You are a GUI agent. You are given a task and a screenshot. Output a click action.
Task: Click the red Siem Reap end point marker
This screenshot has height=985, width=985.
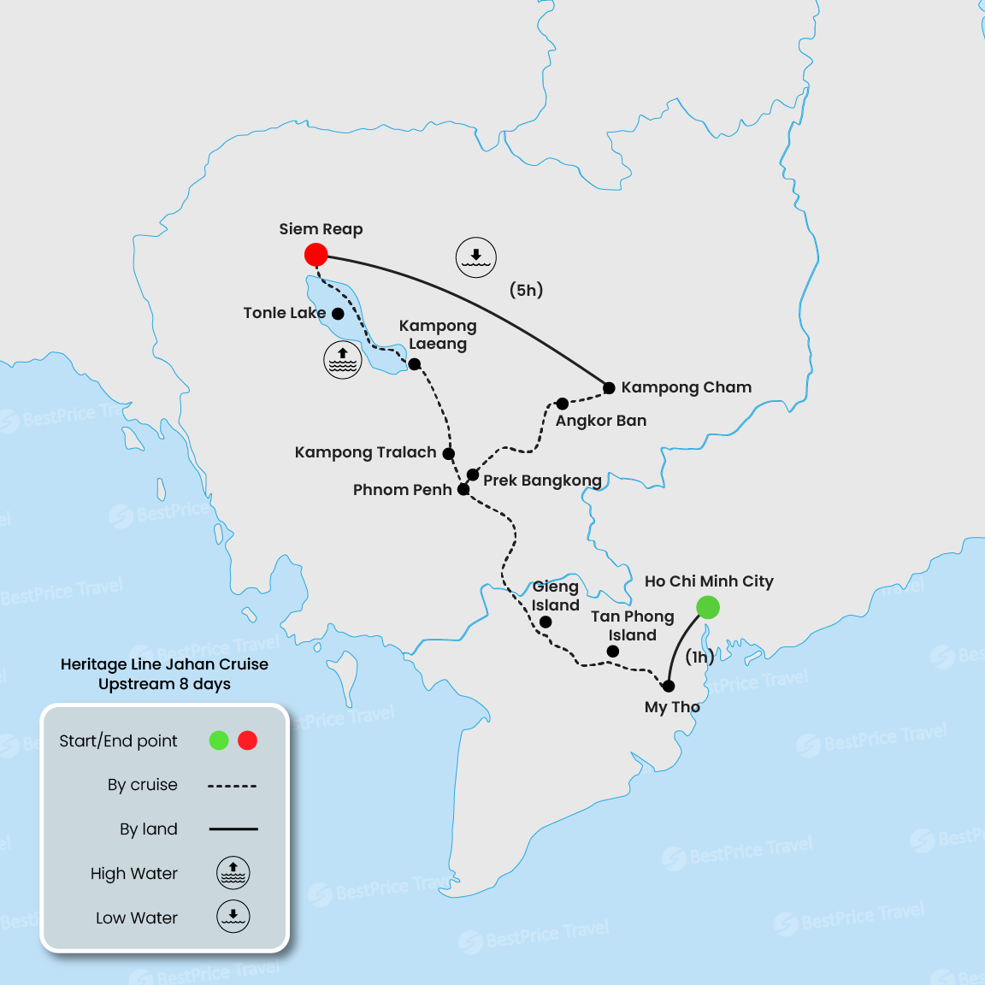[316, 255]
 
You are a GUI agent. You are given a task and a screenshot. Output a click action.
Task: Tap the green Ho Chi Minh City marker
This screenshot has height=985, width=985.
[708, 608]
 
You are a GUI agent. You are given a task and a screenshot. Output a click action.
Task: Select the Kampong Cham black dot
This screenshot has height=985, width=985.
[610, 388]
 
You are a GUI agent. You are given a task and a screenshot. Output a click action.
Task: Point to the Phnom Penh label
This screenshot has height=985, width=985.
[402, 490]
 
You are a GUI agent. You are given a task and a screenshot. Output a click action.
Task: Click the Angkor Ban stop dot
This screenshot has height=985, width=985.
[562, 404]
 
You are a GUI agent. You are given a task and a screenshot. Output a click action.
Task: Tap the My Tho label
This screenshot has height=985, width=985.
[672, 707]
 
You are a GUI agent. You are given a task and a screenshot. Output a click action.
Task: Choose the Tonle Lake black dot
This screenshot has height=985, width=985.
[338, 314]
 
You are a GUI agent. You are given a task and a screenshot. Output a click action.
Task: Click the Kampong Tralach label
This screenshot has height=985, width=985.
[365, 452]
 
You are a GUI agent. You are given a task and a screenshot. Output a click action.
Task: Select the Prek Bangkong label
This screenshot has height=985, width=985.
[542, 481]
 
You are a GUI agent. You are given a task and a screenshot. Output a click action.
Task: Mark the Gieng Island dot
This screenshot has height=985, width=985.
[546, 622]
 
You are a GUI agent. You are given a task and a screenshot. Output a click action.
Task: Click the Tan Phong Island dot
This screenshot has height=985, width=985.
[613, 652]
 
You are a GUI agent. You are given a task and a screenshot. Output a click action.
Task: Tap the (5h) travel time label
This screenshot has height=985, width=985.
[527, 290]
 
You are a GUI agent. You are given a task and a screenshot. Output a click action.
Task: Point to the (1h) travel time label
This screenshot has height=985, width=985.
[699, 657]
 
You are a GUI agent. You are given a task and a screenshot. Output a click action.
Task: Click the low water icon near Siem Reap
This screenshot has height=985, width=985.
[475, 257]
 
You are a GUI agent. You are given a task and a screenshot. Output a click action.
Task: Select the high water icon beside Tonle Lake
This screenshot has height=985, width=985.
[343, 360]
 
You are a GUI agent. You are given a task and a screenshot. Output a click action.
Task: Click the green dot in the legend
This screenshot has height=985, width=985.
[219, 740]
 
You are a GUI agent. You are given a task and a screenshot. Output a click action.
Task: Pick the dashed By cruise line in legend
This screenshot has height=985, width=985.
[233, 786]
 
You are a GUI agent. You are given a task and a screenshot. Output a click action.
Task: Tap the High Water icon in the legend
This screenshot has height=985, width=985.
[233, 873]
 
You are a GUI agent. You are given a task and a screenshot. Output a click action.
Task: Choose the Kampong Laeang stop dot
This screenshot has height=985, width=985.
[415, 364]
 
